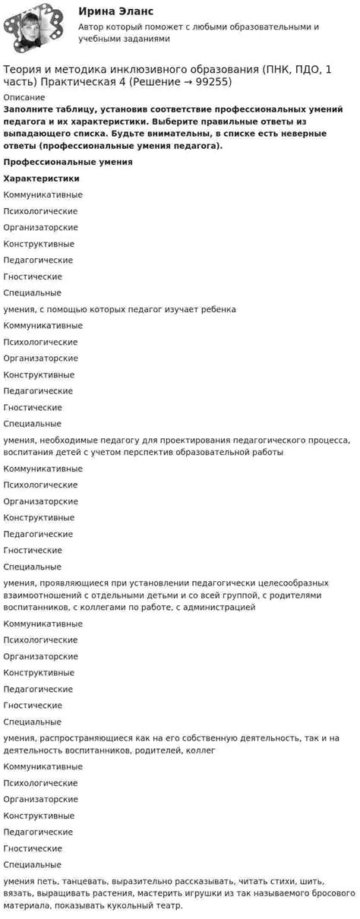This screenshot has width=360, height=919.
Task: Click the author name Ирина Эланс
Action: (115, 11)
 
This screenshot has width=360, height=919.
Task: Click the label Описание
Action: (24, 97)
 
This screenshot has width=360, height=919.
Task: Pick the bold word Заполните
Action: (28, 109)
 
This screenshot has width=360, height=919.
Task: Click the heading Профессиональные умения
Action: (68, 162)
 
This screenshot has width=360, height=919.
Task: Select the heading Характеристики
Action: (41, 178)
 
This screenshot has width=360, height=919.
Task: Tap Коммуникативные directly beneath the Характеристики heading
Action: (43, 195)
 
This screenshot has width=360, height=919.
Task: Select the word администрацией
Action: (219, 607)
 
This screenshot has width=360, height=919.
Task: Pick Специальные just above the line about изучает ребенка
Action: (33, 293)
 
